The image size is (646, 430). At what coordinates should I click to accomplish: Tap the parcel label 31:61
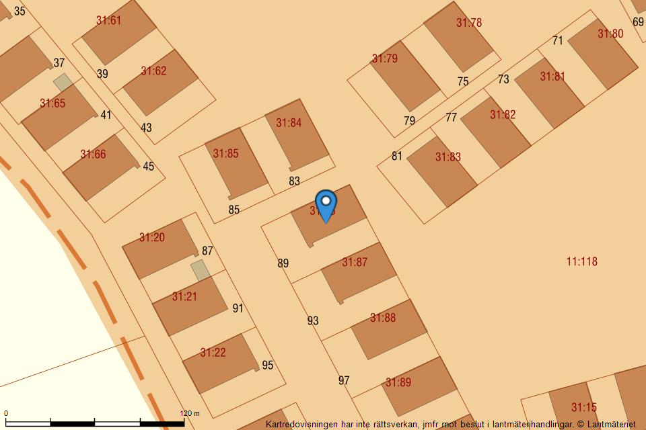(x=108, y=20)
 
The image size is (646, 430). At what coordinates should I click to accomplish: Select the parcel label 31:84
(x=289, y=123)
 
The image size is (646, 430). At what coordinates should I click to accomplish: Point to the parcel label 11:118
(x=581, y=261)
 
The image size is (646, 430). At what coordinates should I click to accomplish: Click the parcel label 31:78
(x=469, y=23)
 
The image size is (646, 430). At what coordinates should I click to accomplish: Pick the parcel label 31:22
(x=213, y=353)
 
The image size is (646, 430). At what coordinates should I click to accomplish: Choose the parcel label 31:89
(x=398, y=382)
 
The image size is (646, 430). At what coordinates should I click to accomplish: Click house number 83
(x=294, y=181)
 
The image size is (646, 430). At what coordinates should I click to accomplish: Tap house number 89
(x=283, y=263)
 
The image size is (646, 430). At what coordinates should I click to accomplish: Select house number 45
(x=149, y=167)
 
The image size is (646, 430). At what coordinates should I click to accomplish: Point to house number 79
(x=409, y=121)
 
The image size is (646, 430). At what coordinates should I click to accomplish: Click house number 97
(x=344, y=380)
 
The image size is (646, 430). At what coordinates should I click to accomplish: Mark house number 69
(x=638, y=21)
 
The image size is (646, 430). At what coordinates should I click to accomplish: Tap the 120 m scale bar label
(x=190, y=414)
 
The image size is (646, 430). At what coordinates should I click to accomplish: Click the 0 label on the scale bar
(x=6, y=414)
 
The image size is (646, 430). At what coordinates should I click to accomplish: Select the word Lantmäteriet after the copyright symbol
(x=612, y=424)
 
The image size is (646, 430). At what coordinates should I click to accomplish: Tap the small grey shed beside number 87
(x=201, y=270)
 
